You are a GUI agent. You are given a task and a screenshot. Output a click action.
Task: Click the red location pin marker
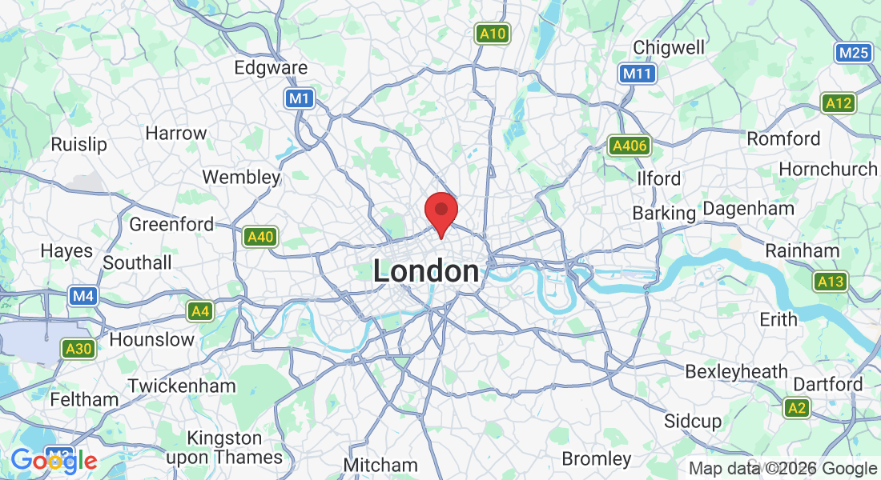pos(440,212)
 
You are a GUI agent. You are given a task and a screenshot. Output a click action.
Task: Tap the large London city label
pos(426,272)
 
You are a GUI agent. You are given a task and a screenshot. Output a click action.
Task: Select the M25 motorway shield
pos(852,54)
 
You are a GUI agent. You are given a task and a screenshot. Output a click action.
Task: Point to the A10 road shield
pos(492,34)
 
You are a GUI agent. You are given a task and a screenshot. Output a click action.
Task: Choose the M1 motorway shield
pos(300,98)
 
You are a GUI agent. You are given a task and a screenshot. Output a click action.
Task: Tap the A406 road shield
pos(630,146)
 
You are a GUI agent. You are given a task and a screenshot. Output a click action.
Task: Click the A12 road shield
pos(839,102)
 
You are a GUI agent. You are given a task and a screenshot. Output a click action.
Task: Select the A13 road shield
pos(831,282)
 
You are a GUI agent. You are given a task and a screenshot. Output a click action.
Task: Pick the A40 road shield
pos(261,237)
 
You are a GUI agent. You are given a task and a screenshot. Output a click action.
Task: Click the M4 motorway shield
pos(83,297)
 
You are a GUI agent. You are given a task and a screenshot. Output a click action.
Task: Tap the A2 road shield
pos(797,408)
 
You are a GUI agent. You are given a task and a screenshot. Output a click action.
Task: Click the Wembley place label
pos(241,177)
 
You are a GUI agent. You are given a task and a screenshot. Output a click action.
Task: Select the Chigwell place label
pos(669,47)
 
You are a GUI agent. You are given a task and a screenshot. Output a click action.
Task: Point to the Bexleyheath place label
pos(736,372)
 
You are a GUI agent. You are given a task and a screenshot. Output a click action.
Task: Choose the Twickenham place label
pos(182,386)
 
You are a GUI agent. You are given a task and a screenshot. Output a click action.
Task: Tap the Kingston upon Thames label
pos(224,448)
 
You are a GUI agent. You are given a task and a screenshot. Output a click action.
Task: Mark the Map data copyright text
pos(782,469)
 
